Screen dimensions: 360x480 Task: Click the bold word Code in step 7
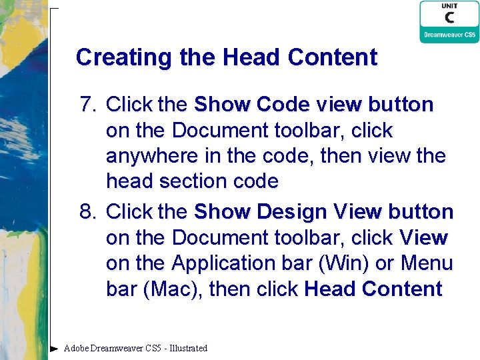283,105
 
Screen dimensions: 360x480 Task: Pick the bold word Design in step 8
293,212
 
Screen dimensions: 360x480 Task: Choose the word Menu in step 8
427,263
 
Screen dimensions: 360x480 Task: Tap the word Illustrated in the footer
189,348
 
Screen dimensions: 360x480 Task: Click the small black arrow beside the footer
54,348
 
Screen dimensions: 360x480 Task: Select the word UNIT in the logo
449,6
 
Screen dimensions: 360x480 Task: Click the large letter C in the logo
449,18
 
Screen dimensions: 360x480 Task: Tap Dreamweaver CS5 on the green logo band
449,35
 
